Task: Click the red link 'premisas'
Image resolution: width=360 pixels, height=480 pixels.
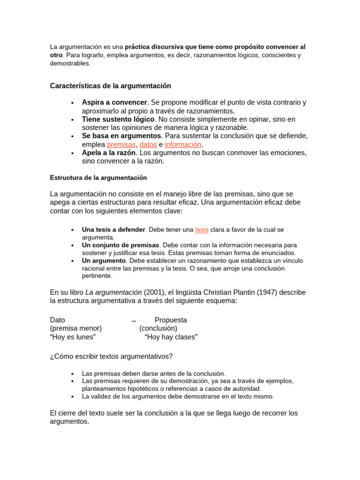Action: [x=121, y=144]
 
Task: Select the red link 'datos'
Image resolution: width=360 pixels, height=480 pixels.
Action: [x=148, y=144]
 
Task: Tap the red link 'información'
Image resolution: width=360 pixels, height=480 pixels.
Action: [x=183, y=144]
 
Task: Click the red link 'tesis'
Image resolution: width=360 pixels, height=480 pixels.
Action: [x=202, y=230]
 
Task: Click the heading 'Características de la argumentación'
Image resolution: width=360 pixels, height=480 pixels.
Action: [x=110, y=86]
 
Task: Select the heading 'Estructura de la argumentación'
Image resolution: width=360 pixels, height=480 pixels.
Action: [x=98, y=178]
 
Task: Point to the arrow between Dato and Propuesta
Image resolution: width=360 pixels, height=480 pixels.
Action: [x=133, y=321]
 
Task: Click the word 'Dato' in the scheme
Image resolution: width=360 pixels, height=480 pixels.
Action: [x=58, y=320]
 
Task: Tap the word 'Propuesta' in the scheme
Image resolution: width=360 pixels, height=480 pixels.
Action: [x=171, y=320]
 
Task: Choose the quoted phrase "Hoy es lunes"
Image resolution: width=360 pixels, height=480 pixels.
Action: [x=73, y=337]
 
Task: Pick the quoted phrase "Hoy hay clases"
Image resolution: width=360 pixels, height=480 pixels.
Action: [x=171, y=337]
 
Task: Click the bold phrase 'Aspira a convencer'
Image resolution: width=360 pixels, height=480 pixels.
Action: [x=114, y=102]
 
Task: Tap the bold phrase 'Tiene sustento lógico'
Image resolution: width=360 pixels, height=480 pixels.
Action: [x=118, y=119]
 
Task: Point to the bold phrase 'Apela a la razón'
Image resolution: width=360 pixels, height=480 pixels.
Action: [x=109, y=153]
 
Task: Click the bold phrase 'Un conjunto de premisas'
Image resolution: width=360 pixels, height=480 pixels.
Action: [x=120, y=245]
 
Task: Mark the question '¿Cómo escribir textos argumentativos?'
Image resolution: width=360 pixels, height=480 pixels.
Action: [x=111, y=357]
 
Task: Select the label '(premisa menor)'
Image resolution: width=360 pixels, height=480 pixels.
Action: [x=76, y=329]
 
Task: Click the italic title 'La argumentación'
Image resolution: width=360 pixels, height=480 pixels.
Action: [x=113, y=292]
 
